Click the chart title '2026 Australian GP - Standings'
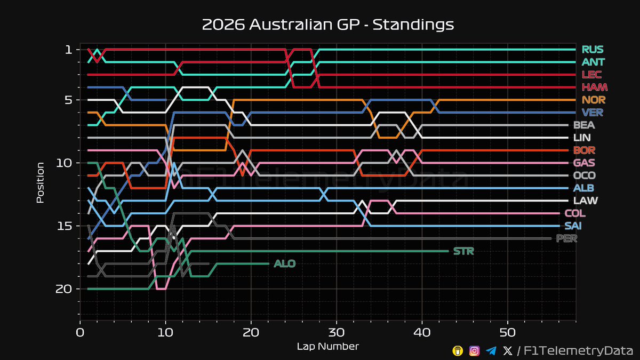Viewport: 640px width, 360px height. coord(328,25)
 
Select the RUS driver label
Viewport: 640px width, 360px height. coord(593,50)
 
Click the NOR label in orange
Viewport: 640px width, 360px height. coord(594,100)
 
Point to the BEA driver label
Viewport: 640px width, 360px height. coord(584,125)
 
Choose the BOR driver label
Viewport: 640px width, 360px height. coord(584,150)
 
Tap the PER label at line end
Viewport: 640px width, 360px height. coord(566,238)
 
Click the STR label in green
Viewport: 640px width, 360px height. coord(463,251)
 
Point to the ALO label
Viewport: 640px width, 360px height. coord(284,263)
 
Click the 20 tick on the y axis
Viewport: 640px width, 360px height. coord(64,289)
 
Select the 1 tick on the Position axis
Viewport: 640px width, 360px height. coord(68,50)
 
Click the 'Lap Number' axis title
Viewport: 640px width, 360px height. coord(327,347)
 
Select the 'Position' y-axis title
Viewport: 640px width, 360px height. coord(40,182)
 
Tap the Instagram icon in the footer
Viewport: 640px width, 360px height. coord(474,350)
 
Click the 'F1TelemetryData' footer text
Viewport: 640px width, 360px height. coord(576,350)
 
